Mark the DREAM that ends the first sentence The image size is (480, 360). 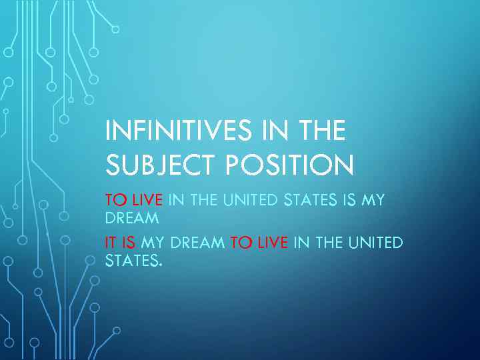pyautogui.click(x=132, y=218)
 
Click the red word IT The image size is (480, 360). pyautogui.click(x=110, y=243)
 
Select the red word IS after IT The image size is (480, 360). pyautogui.click(x=129, y=243)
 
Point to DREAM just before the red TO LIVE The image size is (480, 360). pyautogui.click(x=197, y=243)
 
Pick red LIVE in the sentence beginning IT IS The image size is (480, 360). pyautogui.click(x=272, y=243)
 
